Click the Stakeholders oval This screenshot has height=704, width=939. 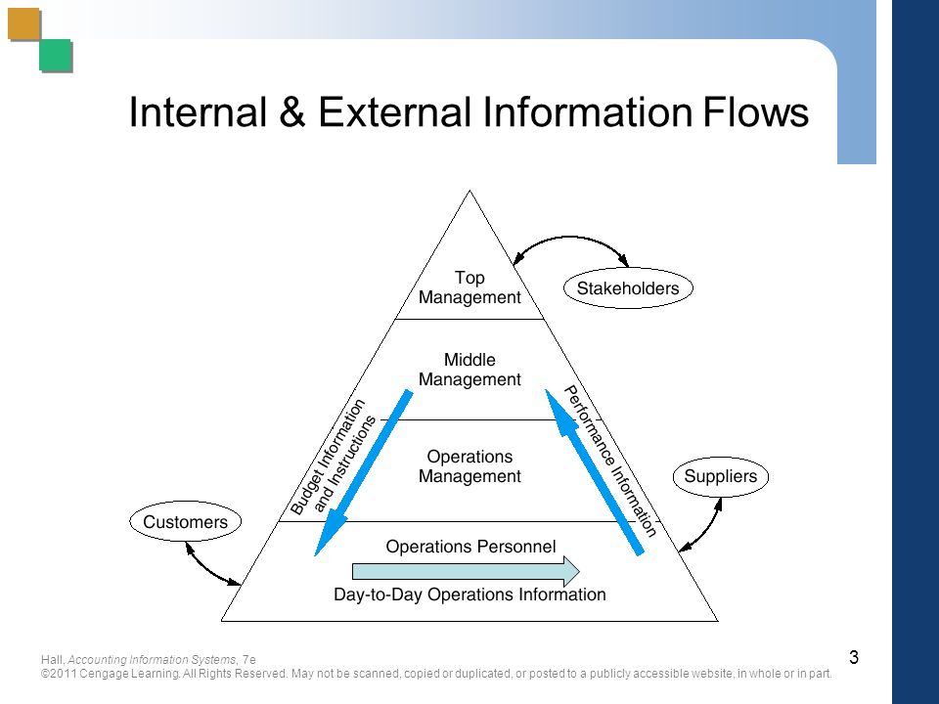click(628, 287)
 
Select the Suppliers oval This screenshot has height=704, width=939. click(721, 476)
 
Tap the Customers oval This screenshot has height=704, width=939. click(186, 521)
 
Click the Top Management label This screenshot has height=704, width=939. click(469, 287)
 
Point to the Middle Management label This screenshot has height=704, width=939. click(469, 370)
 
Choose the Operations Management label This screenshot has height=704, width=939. click(469, 466)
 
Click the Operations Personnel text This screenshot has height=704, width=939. click(470, 547)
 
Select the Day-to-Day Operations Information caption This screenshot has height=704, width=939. click(469, 594)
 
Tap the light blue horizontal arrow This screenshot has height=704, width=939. click(466, 571)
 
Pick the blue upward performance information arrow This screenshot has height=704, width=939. click(594, 472)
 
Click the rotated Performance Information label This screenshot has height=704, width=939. click(610, 461)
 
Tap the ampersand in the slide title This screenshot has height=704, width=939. click(291, 111)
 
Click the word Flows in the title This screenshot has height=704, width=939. click(756, 111)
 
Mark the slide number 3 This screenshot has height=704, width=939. click(854, 657)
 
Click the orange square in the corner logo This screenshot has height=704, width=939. click(23, 23)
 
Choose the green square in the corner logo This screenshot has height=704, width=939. click(56, 56)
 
